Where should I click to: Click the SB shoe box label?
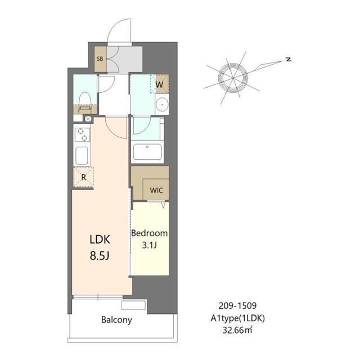coord(100,58)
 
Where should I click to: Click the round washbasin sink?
coord(162,105)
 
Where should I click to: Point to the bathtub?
coord(147,152)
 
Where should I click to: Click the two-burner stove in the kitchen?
coord(82,134)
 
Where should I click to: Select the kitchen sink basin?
coord(82,155)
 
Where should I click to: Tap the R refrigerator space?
coord(83,177)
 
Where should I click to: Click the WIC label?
coord(156,190)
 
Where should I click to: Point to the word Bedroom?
coord(149,233)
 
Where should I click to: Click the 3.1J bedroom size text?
coord(150,245)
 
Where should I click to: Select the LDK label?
coord(100,240)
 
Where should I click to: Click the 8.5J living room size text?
coord(100,255)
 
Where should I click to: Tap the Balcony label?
coord(116,320)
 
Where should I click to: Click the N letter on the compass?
coord(289,59)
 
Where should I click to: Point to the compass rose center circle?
coord(233,78)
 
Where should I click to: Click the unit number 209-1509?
coord(237,305)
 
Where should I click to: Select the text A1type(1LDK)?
coord(237,318)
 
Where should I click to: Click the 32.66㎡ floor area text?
coord(237,330)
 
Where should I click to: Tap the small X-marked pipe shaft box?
coord(88,119)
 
